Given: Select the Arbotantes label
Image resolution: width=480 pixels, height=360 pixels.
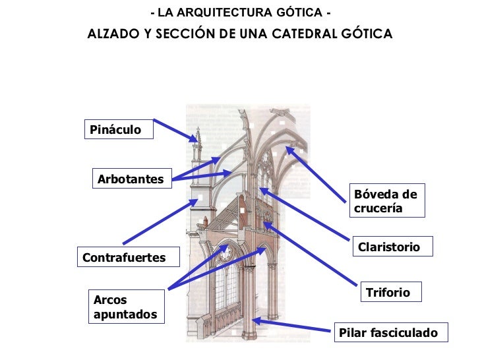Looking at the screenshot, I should point(130,179).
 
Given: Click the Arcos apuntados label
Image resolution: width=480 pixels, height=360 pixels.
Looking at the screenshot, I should point(125,307).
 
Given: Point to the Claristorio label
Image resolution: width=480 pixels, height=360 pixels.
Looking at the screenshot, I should point(391,247).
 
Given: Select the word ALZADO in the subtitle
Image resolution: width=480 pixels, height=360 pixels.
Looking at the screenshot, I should point(112,34).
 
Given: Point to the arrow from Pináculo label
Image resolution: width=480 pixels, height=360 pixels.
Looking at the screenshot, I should point(175,130).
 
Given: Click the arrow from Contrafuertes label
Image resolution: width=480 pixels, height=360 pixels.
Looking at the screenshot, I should point(159,223).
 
